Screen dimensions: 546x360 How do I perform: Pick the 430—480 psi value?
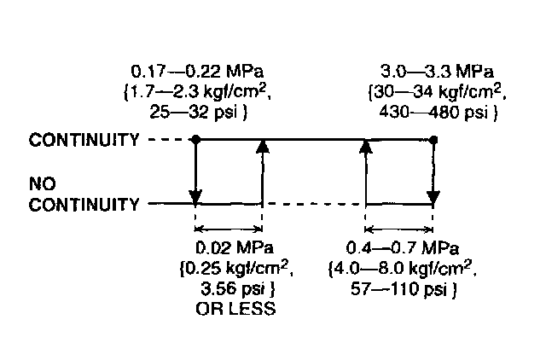[429, 108]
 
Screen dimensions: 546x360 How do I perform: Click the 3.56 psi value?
[229, 289]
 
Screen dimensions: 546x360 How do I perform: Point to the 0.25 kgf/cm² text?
[231, 269]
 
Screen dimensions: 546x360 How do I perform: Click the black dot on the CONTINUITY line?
[195, 138]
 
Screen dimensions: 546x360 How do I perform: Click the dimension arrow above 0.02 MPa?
[229, 229]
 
